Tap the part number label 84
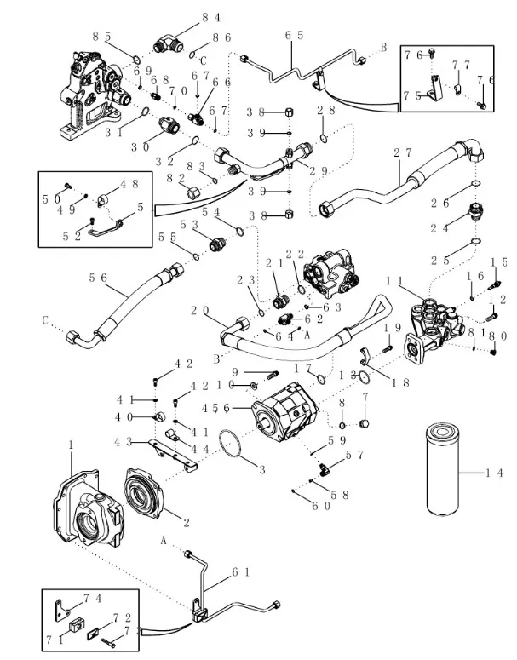pos(187,16)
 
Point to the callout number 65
pos(295,35)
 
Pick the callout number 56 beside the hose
pos(98,277)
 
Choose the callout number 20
pos(200,310)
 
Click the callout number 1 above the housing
pos(71,444)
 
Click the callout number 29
pos(319,171)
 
